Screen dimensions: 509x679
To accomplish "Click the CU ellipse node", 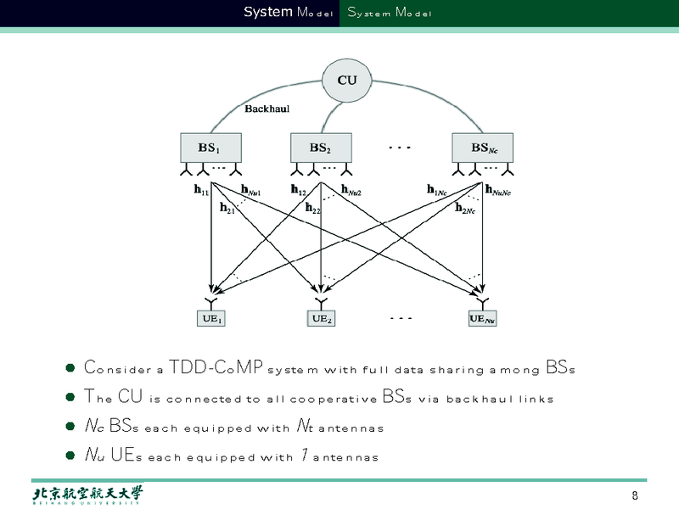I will tap(347, 81).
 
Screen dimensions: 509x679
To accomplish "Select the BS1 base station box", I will tap(210, 148).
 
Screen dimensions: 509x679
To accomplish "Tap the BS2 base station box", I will tap(320, 148).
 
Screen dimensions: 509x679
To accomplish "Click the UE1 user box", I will tap(211, 319).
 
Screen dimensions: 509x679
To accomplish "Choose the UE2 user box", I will tap(321, 319).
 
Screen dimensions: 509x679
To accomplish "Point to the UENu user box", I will tap(482, 319).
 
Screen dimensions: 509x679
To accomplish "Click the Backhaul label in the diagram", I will tap(268, 109).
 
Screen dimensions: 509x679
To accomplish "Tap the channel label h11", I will tap(201, 192).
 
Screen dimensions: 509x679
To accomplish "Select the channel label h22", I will tap(313, 208).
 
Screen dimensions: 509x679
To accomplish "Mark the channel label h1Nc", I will tap(437, 191).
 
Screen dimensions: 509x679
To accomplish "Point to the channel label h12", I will tap(298, 191).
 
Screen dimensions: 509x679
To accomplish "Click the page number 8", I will tap(635, 496).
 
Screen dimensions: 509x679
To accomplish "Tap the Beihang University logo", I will tap(87, 495).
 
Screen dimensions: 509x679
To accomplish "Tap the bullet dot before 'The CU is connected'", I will tap(70, 398).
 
